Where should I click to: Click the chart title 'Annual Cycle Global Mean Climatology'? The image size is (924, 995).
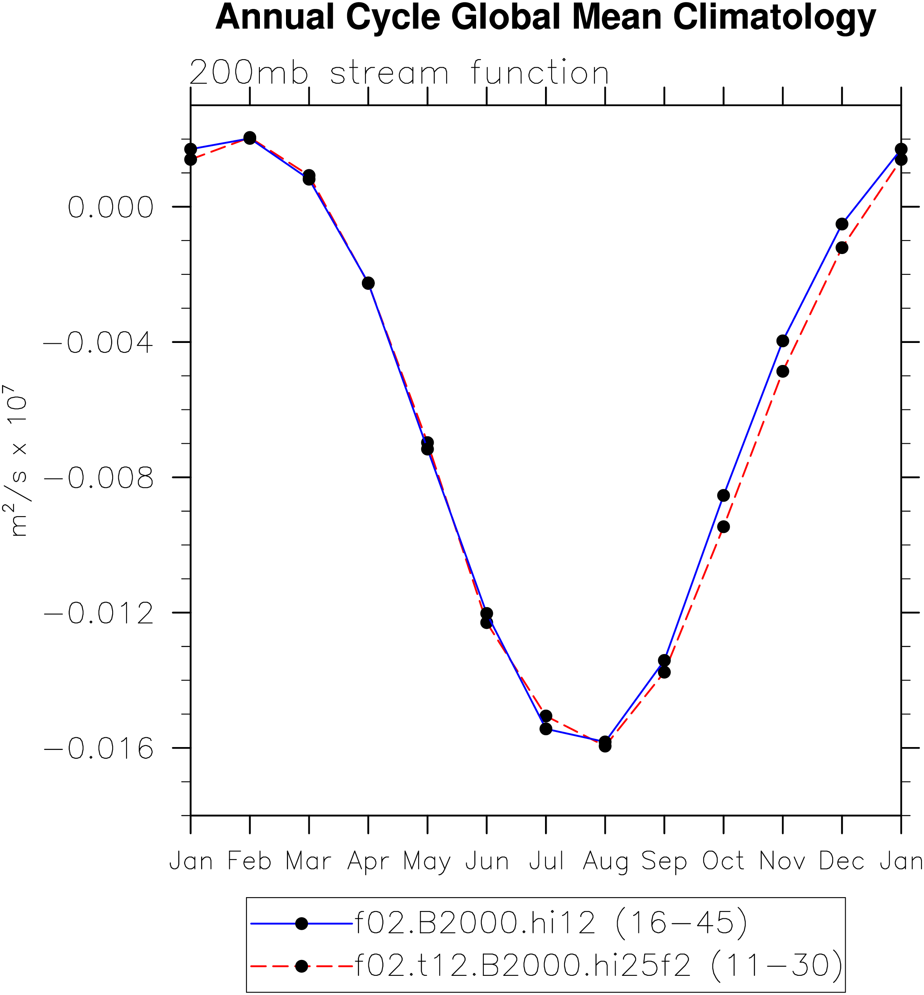click(x=545, y=17)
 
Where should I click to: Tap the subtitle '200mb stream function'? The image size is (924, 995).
click(x=399, y=73)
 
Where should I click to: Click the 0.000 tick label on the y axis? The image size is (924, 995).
click(x=111, y=207)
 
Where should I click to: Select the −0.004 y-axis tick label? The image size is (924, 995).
click(x=98, y=342)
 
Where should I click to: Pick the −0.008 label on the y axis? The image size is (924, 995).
click(x=98, y=478)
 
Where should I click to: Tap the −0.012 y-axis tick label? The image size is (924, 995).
click(x=98, y=613)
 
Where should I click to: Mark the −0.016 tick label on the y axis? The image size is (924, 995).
click(x=98, y=749)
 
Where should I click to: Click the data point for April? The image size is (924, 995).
click(x=368, y=283)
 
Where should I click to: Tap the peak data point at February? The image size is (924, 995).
click(x=250, y=138)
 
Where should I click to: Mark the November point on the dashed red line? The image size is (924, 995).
click(x=783, y=371)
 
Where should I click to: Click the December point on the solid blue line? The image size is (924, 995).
click(x=842, y=224)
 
